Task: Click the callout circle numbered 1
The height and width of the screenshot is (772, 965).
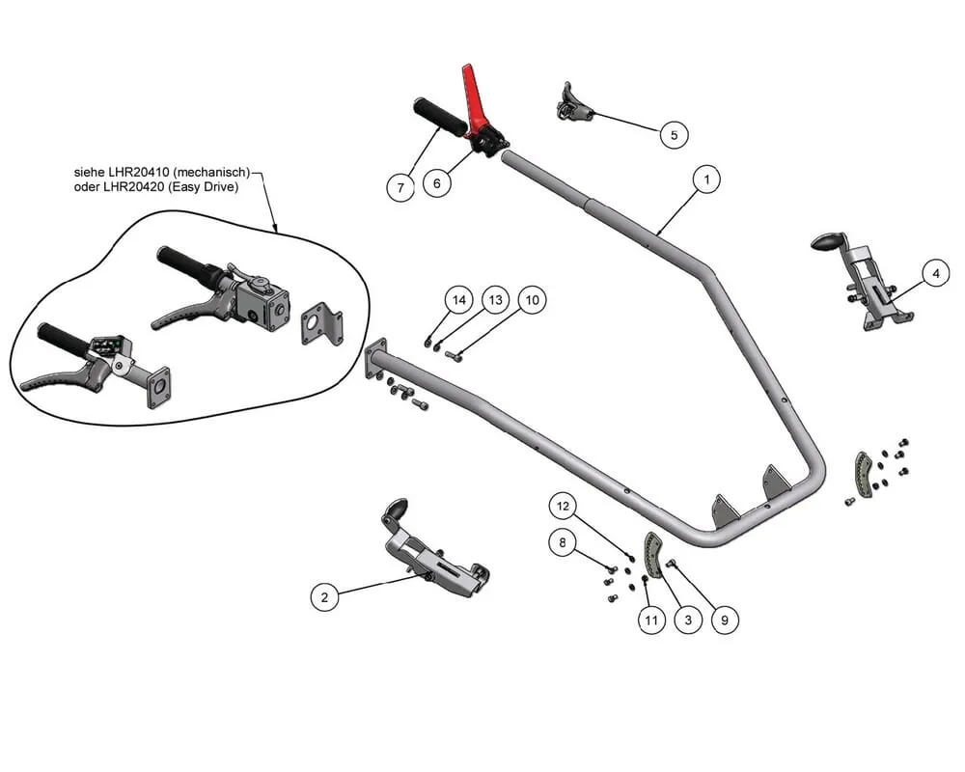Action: click(x=706, y=179)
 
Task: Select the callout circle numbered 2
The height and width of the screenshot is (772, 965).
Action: click(x=324, y=598)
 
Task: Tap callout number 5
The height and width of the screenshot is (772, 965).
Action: click(x=674, y=134)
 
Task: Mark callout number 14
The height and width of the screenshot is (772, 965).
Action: click(x=459, y=301)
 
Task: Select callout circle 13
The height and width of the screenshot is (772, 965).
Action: click(x=495, y=301)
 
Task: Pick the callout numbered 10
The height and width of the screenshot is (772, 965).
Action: click(x=531, y=301)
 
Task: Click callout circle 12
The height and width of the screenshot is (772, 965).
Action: click(x=564, y=504)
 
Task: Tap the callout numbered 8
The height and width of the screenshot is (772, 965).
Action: click(x=564, y=542)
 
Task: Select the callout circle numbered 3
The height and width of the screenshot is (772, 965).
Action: click(x=687, y=620)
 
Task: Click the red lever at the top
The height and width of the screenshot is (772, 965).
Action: click(x=475, y=92)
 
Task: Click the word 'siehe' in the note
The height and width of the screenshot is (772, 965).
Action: click(x=90, y=172)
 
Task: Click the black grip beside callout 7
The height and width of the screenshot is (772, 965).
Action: click(x=439, y=114)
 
